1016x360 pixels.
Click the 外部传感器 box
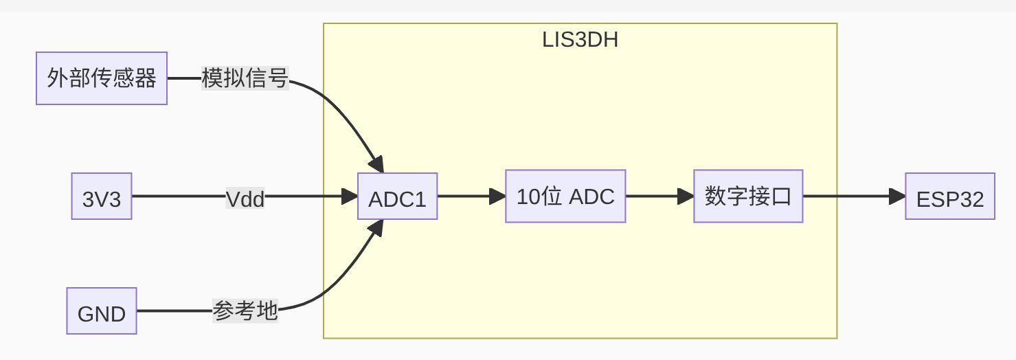[102, 78]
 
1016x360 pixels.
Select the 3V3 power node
[102, 196]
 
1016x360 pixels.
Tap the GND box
[102, 311]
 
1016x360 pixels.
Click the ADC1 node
[397, 196]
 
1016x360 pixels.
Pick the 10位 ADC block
[565, 196]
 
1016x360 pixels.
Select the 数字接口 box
[748, 196]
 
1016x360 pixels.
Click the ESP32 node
[950, 196]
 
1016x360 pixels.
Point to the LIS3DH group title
[580, 40]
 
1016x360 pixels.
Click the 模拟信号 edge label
[245, 78]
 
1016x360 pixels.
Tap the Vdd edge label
[245, 199]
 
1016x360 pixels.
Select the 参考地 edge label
[245, 311]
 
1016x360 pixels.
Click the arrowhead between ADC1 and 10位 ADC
[498, 196]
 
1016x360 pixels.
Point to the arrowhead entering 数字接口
[686, 196]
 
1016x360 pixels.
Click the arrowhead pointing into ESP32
[897, 196]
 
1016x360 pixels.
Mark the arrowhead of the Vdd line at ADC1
[350, 196]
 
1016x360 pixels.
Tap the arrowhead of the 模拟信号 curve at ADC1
[376, 165]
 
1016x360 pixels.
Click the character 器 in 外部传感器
[146, 78]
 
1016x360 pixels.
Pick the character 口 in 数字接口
[782, 196]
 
